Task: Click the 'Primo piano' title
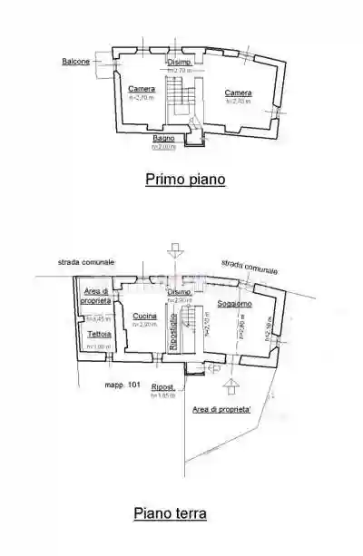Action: (x=185, y=180)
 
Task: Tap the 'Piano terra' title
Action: (x=170, y=513)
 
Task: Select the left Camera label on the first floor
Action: (x=141, y=88)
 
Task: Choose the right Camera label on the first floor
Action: (x=239, y=93)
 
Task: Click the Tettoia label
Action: (x=99, y=334)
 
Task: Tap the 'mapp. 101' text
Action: (x=122, y=385)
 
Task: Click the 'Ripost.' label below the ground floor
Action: (x=164, y=386)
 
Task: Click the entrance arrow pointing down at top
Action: (x=173, y=251)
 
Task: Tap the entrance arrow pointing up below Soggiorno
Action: (x=231, y=390)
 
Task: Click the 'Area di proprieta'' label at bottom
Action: (x=221, y=410)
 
